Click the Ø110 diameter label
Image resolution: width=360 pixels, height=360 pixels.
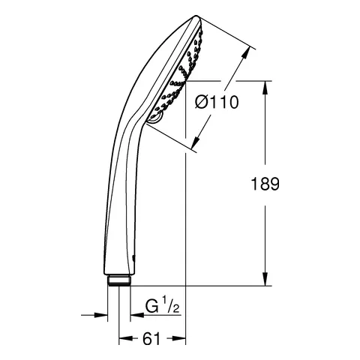pyautogui.click(x=217, y=102)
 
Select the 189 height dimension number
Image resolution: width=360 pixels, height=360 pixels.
pyautogui.click(x=265, y=184)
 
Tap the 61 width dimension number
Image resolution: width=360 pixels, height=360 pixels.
pyautogui.click(x=151, y=339)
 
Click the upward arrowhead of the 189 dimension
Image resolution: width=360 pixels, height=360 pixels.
pyautogui.click(x=265, y=88)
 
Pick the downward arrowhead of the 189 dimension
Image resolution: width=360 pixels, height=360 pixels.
pyautogui.click(x=265, y=279)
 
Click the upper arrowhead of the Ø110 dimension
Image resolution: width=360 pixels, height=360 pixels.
pyautogui.click(x=246, y=52)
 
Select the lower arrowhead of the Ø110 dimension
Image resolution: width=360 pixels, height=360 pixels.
pyautogui.click(x=196, y=142)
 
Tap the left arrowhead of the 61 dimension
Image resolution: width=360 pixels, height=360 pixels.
pyautogui.click(x=125, y=338)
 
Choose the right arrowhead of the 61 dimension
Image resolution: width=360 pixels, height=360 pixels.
pyautogui.click(x=179, y=338)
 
